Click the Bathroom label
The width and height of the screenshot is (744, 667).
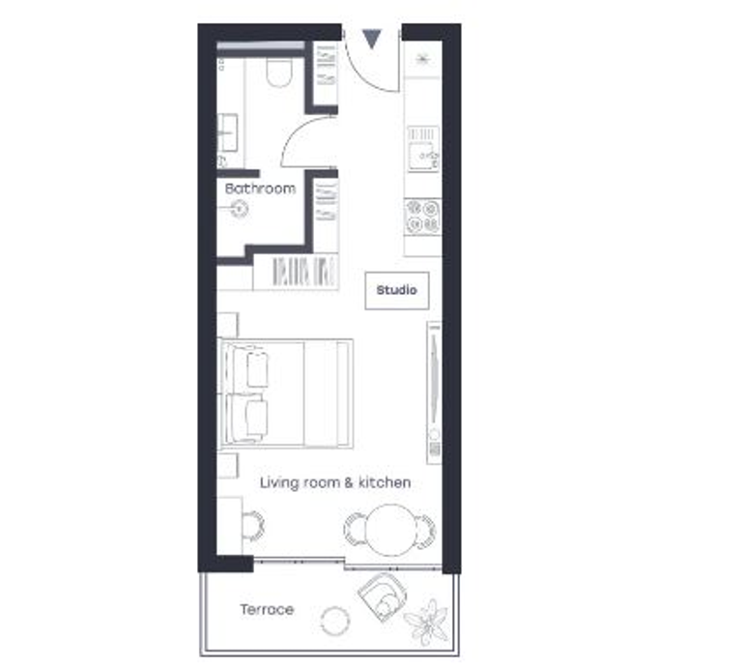click(x=260, y=188)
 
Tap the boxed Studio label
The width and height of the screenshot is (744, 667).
click(x=397, y=290)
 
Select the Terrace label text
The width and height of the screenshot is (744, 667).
click(x=267, y=609)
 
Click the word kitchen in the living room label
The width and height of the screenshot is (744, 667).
click(x=385, y=482)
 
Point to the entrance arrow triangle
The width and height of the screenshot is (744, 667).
click(x=372, y=39)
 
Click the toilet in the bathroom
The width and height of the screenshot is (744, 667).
click(x=278, y=72)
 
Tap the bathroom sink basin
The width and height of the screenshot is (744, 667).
click(x=227, y=132)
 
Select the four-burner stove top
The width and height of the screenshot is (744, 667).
click(x=422, y=217)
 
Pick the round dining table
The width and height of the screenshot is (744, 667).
click(x=391, y=530)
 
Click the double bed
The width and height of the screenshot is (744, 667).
click(x=285, y=393)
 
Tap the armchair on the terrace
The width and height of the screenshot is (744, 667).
click(x=383, y=595)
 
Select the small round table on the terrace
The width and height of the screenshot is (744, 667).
click(x=335, y=621)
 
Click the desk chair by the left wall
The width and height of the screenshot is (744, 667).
click(x=254, y=526)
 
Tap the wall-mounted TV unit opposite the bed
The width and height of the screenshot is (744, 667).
click(x=434, y=392)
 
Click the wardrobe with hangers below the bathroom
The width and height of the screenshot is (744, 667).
click(x=295, y=272)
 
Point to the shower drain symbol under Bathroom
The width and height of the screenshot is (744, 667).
click(x=240, y=209)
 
